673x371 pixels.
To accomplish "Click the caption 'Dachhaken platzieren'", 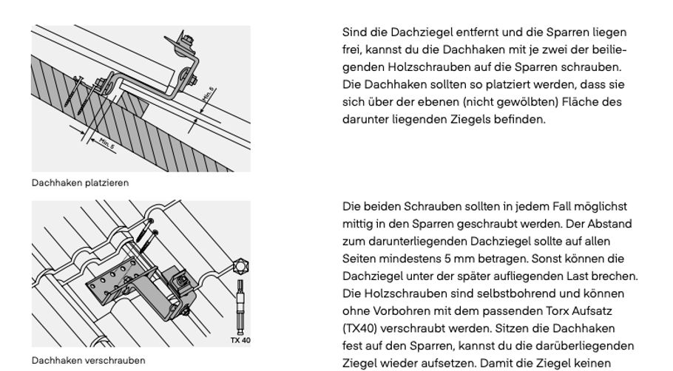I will (80, 183).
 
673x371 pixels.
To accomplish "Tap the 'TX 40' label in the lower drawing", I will (240, 341).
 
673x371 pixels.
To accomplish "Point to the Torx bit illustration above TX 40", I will (240, 307).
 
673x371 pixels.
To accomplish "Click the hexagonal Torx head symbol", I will (240, 266).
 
